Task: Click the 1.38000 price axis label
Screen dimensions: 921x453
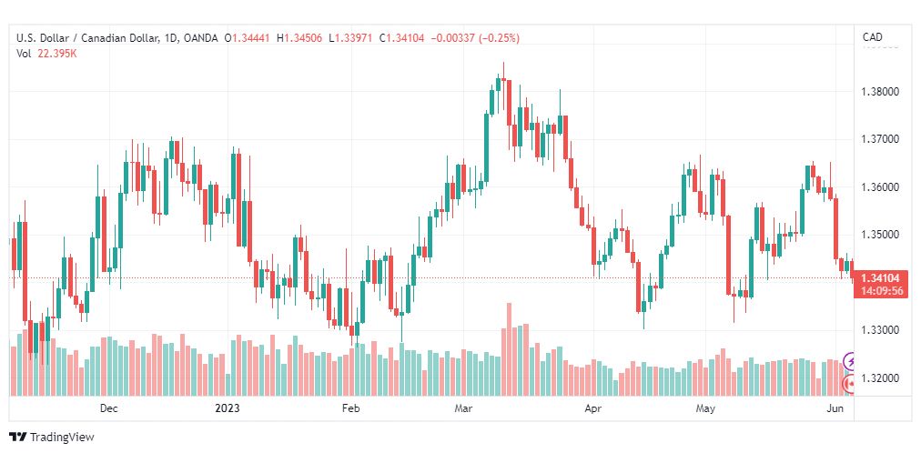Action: coord(880,92)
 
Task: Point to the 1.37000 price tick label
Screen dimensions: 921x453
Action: coord(880,140)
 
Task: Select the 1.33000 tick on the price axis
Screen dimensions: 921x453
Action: coord(880,330)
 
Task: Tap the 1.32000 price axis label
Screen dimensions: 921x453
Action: coord(880,377)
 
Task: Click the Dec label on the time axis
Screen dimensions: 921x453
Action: coord(108,408)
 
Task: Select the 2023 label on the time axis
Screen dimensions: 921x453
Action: coord(228,408)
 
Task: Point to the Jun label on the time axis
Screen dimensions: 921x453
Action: coord(836,408)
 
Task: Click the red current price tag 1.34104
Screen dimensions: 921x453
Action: coord(880,278)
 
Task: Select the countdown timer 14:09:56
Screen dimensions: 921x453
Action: coord(880,291)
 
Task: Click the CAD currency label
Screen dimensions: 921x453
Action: coord(873,37)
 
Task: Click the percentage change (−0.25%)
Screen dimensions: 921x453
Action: coord(500,38)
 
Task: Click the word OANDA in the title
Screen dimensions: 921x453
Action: coord(201,38)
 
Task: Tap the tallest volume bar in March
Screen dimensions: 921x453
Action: coord(510,349)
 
